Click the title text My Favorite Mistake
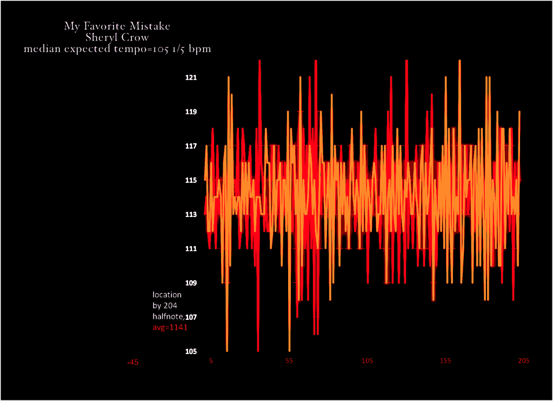117,26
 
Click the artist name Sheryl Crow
117,37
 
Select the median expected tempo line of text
117,49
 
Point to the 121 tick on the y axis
191,77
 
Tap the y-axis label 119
191,112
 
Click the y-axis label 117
191,146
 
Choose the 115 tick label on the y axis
191,180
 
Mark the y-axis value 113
191,214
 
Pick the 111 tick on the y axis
191,249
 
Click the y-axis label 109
191,283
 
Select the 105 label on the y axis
191,351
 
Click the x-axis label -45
132,362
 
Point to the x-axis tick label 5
211,360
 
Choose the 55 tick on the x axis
289,360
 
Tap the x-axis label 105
368,360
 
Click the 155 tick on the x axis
445,360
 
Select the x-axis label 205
523,360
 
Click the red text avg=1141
170,327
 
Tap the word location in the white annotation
167,295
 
